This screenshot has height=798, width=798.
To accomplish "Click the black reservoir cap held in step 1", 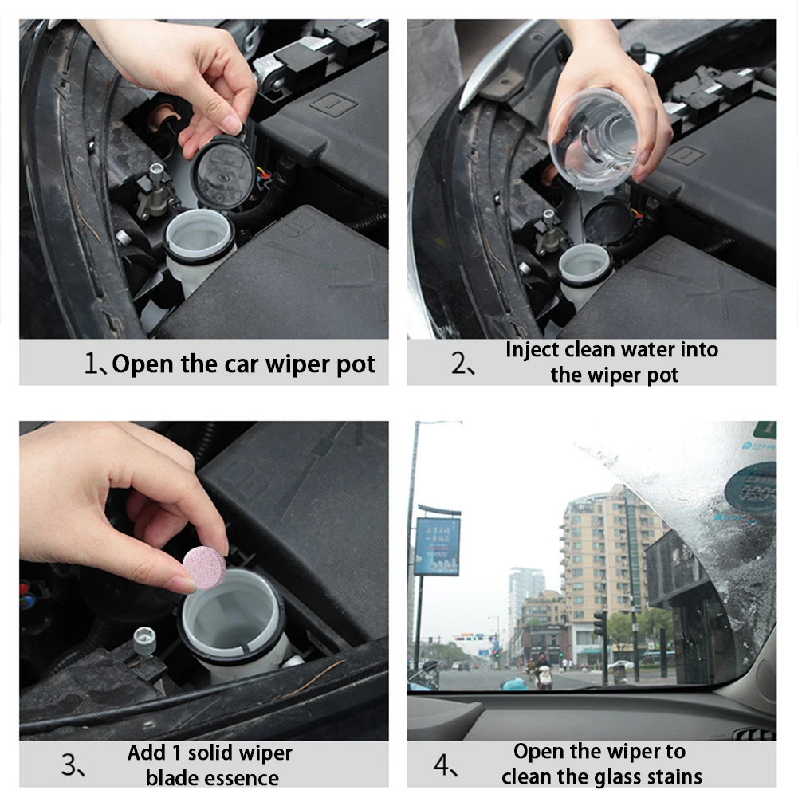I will [x=223, y=172].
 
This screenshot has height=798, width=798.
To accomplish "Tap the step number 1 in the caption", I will [x=91, y=364].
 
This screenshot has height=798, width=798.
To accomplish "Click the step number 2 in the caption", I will [x=460, y=365].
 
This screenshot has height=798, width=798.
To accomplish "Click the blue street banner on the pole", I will [x=437, y=546].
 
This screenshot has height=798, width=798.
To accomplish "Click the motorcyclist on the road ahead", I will [x=544, y=672].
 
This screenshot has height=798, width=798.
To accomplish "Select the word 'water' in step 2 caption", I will [x=649, y=349].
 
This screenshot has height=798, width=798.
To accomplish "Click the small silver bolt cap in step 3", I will [x=144, y=638].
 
